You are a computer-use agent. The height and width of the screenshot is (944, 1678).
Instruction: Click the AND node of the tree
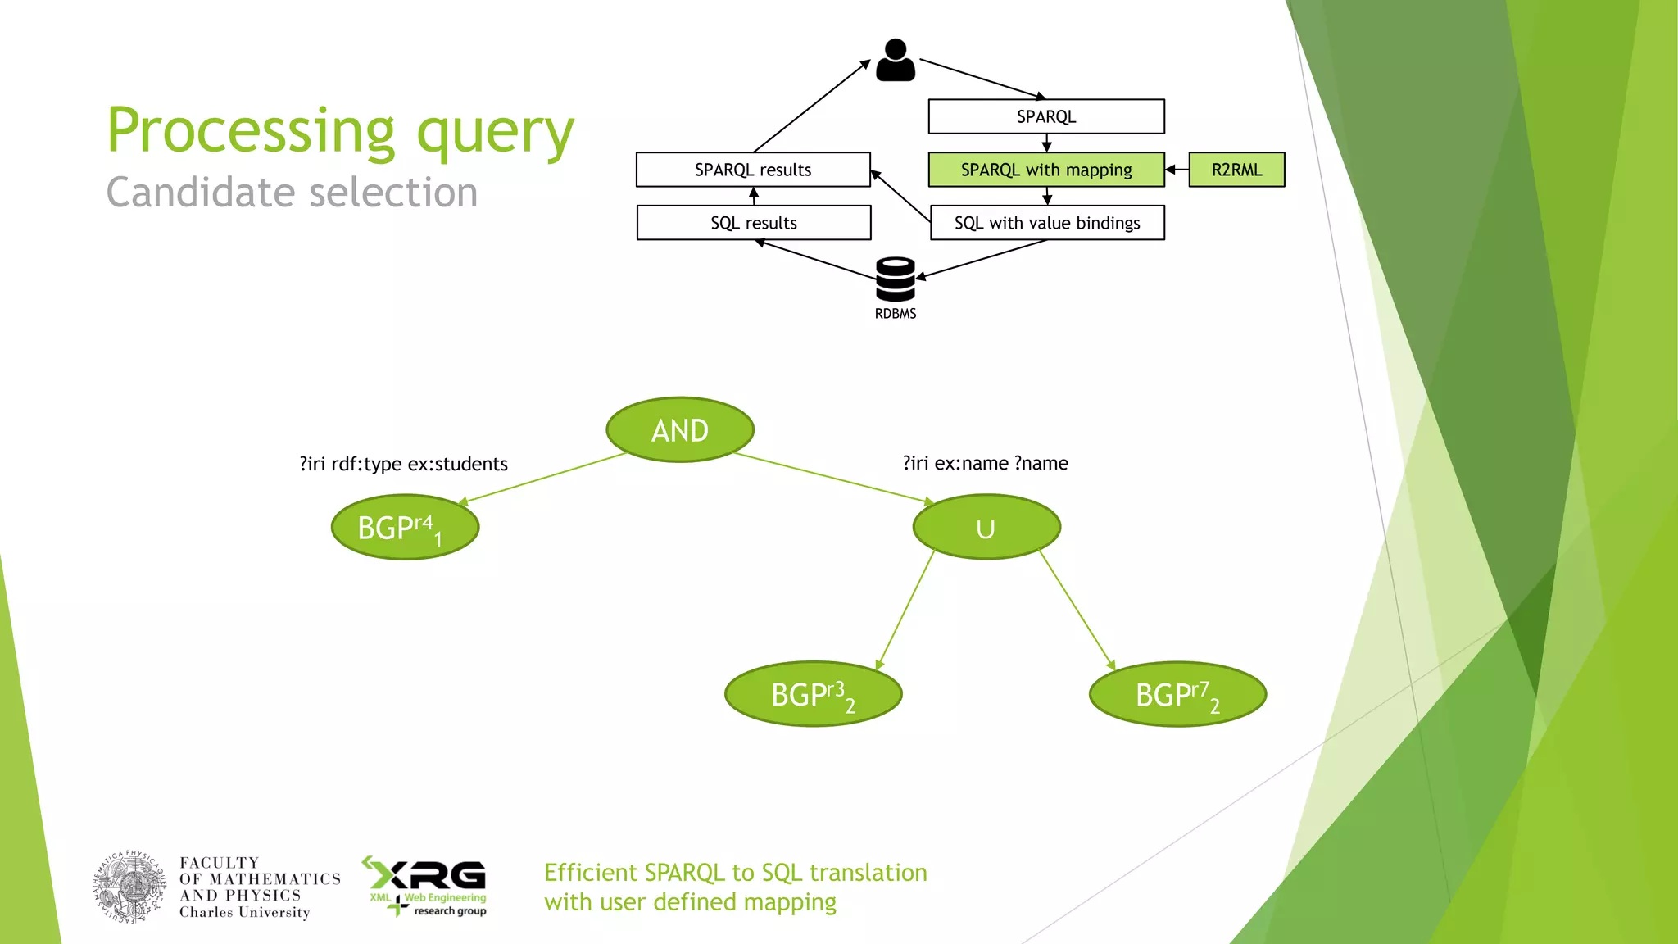pos(680,430)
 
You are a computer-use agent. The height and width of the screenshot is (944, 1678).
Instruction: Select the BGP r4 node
pos(405,527)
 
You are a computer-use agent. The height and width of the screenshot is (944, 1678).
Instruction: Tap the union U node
pos(986,527)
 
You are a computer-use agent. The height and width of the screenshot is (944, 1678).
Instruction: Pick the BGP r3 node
pos(813,694)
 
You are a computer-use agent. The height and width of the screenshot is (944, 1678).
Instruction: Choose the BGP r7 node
pos(1177,694)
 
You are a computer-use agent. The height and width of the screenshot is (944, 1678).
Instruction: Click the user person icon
pos(896,61)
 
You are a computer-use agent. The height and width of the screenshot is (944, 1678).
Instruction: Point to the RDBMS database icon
pos(896,279)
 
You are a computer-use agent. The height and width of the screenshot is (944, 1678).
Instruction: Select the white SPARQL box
pos(1046,116)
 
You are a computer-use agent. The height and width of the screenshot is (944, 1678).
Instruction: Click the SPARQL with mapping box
pos(1046,170)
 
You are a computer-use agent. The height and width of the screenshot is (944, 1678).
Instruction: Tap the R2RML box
pos(1236,170)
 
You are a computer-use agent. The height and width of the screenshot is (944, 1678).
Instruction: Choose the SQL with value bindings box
pos(1047,223)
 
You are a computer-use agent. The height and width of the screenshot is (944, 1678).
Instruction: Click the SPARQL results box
pos(753,170)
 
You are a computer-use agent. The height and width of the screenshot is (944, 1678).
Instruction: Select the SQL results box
pos(754,223)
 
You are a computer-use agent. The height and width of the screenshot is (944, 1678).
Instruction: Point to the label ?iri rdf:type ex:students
pos(404,464)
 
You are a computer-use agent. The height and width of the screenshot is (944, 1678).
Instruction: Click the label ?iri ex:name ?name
pos(986,463)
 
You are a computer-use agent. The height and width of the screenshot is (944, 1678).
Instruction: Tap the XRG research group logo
pos(426,886)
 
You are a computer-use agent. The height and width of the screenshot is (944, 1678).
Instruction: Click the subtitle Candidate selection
pos(292,193)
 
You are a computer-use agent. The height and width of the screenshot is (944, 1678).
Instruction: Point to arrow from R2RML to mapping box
pos(1177,170)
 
